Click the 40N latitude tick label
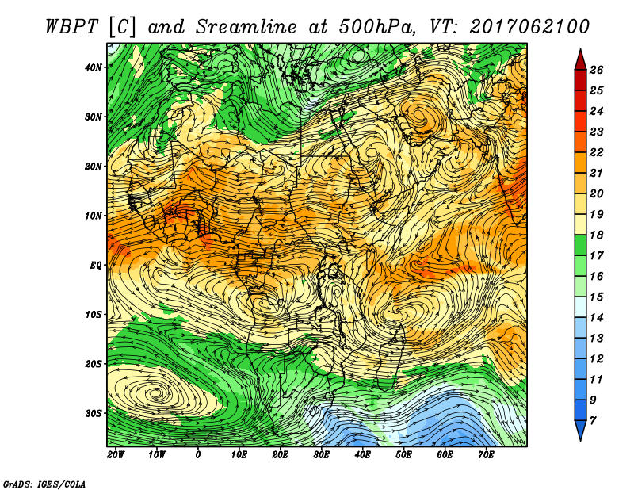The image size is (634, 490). [x=94, y=67]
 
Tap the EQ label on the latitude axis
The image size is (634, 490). [x=95, y=266]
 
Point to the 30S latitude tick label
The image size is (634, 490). [x=94, y=413]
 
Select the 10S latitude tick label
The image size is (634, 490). [x=94, y=315]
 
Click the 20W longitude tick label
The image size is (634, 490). [x=116, y=455]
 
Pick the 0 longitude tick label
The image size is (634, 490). [x=197, y=455]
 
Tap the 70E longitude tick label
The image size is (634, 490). [x=486, y=455]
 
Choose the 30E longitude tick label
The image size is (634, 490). [x=321, y=455]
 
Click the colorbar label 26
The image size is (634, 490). [x=596, y=70]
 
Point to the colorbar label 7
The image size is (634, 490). [x=593, y=421]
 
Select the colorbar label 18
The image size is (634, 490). [x=596, y=235]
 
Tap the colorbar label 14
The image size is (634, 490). [x=596, y=318]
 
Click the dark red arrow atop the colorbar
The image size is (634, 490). [x=581, y=61]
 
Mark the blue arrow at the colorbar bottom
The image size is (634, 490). [x=581, y=430]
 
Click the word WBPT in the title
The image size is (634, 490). [x=71, y=27]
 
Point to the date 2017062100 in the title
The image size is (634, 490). [x=529, y=27]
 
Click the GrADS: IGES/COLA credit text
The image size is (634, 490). [x=44, y=484]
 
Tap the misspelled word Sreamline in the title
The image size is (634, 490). [x=246, y=27]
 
